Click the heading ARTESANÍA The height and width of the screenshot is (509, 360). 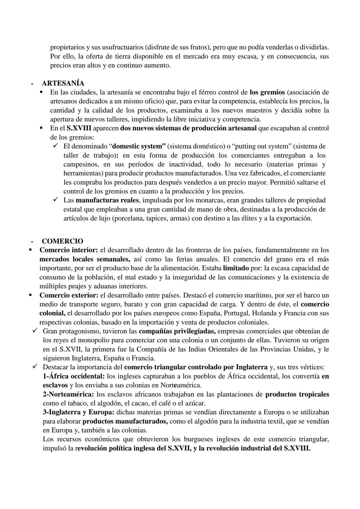63,83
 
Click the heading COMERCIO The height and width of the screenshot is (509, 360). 62,241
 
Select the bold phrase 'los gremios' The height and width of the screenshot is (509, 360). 267,92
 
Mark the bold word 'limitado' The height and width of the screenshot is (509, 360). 236,268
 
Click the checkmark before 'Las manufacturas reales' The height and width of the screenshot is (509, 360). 56,200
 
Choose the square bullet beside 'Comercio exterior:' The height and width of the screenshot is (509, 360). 30,295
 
